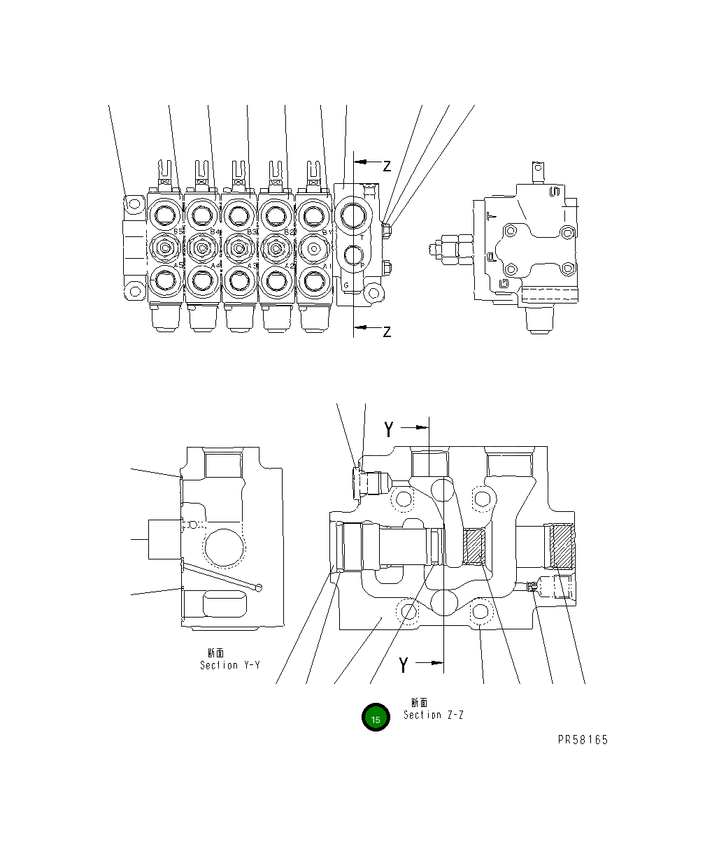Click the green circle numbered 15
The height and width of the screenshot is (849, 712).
click(x=376, y=718)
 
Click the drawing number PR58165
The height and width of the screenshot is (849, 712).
click(x=583, y=740)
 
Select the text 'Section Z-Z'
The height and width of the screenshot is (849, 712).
click(x=433, y=715)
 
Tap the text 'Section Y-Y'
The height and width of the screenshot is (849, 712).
click(x=229, y=665)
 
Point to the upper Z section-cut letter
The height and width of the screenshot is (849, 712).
click(x=386, y=166)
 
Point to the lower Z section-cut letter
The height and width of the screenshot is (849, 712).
click(x=386, y=331)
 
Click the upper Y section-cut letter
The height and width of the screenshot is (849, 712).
click(x=389, y=429)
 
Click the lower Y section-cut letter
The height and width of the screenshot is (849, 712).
click(x=403, y=666)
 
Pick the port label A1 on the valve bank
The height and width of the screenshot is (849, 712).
click(x=325, y=266)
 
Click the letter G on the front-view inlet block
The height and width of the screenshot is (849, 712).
click(x=346, y=285)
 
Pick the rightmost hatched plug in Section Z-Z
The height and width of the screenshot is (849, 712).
click(x=562, y=545)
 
